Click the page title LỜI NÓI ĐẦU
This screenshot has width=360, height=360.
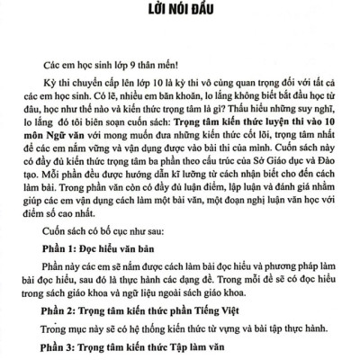click(179, 13)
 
